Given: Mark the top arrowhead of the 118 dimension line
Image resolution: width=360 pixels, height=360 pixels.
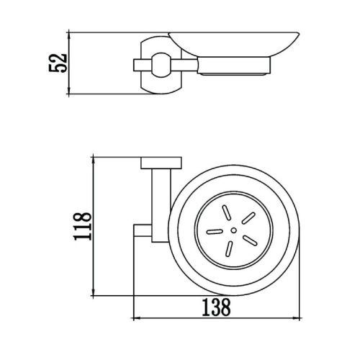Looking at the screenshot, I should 94,159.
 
